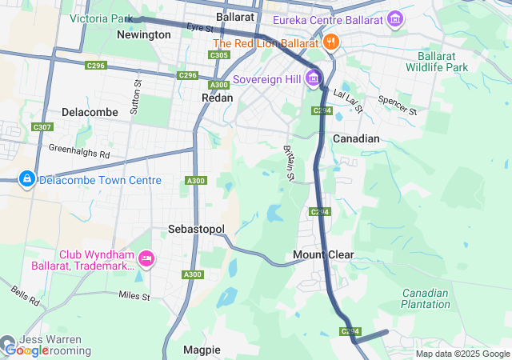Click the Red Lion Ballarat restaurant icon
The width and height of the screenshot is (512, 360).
click(x=330, y=42)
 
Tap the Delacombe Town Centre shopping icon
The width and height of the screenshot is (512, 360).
click(x=26, y=177)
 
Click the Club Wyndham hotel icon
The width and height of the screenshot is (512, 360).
click(x=146, y=258)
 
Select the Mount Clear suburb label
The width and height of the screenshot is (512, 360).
click(x=323, y=255)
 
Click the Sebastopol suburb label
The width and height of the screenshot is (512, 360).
click(x=196, y=229)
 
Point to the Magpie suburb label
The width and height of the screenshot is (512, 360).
click(x=202, y=350)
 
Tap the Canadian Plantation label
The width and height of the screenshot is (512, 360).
click(x=426, y=298)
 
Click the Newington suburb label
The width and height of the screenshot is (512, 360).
click(x=143, y=35)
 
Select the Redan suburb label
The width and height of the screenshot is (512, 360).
click(x=218, y=98)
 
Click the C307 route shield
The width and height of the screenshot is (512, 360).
click(x=42, y=126)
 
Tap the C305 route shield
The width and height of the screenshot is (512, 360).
click(x=219, y=55)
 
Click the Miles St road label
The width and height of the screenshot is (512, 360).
click(x=134, y=297)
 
